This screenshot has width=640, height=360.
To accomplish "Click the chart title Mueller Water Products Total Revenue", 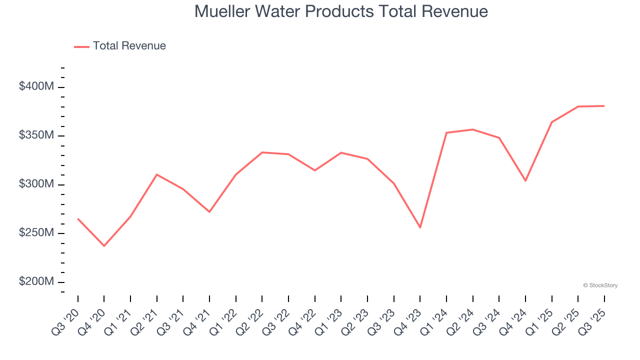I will point(341,11).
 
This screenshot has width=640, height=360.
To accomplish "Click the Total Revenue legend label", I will point(129,46).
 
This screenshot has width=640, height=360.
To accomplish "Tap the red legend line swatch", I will point(81,46).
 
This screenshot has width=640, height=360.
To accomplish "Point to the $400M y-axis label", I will point(36,86).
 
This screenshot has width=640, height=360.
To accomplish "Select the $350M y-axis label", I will point(36,135).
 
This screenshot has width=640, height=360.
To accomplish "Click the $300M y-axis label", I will point(36,184).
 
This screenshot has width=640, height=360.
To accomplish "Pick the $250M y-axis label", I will point(36,233).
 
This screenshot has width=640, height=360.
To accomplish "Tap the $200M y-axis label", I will point(36,281).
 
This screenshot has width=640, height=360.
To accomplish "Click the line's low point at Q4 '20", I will point(104,246).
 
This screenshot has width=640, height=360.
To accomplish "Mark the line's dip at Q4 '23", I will point(420,227).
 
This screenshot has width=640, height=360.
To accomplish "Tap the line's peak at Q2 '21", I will point(157,174).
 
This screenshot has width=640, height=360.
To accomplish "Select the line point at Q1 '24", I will point(446,132).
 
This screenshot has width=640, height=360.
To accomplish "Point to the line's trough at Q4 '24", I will point(525,180).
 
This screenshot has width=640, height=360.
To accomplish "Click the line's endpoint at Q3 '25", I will point(604,106).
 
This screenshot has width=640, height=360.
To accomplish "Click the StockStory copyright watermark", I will point(600,285).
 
